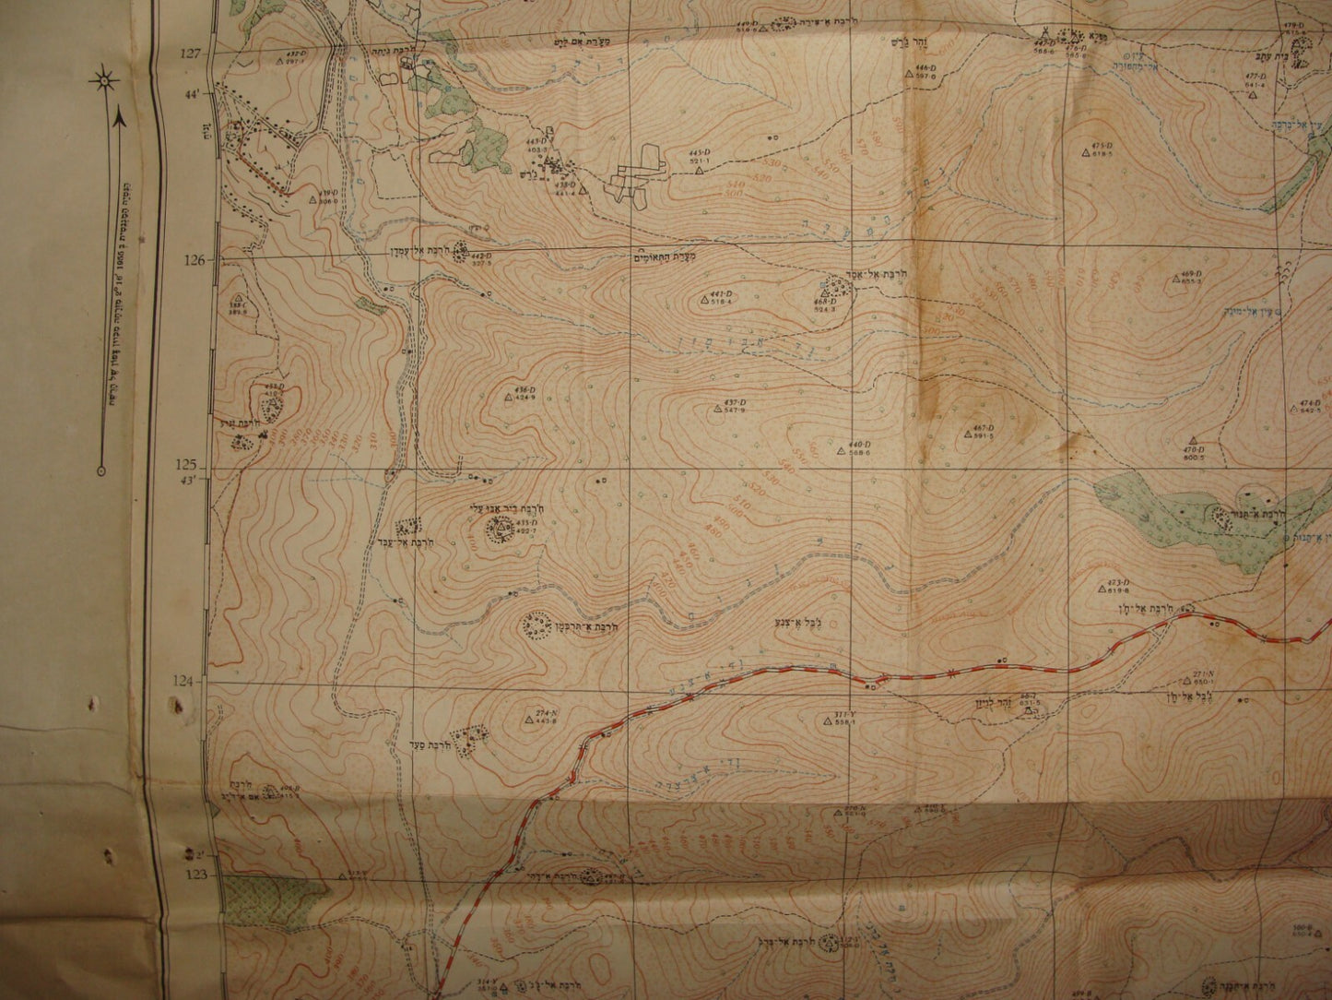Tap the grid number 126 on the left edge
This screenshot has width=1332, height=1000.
(193, 260)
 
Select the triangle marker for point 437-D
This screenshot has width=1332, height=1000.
(717, 409)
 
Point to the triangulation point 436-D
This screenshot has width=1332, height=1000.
(508, 399)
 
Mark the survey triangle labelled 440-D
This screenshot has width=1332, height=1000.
(841, 451)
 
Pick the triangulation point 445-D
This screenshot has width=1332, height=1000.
(700, 170)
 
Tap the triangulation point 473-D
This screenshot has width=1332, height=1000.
(1102, 589)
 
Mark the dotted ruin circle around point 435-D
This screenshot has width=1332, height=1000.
(503, 528)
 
